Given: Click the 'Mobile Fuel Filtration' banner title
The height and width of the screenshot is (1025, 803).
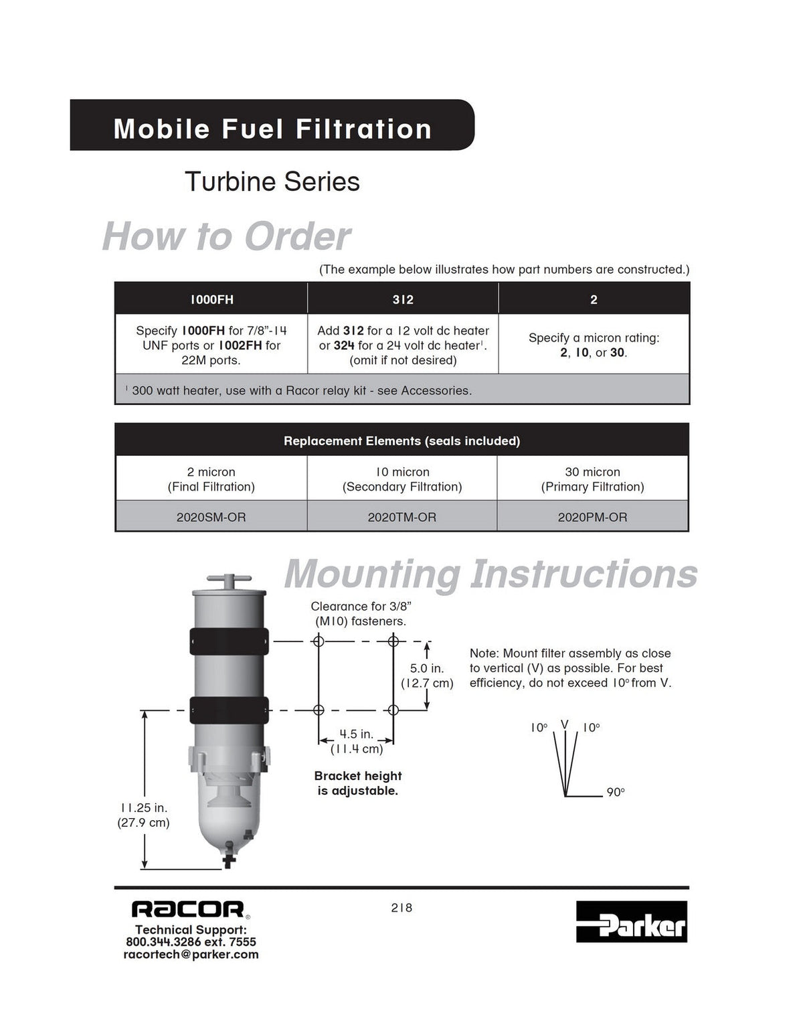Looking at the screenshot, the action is click(x=272, y=129).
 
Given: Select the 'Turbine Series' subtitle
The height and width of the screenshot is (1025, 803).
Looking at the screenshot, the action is click(x=272, y=181).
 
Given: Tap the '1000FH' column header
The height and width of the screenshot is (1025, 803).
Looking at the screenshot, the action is click(x=211, y=299).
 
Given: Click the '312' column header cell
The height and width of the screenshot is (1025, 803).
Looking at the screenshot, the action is click(x=403, y=299).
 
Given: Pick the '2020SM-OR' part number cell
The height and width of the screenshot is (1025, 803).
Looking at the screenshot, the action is click(x=211, y=517).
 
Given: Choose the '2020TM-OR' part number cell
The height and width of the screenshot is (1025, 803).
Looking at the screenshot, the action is click(x=402, y=517).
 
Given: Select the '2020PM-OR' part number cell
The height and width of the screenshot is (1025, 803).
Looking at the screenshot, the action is click(x=592, y=517).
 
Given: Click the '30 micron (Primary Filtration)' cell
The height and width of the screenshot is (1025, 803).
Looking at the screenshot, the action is click(x=592, y=479).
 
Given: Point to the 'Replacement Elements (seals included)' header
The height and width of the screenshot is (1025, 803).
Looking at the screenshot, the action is click(x=402, y=441).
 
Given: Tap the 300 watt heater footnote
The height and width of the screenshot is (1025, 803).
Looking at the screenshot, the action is click(x=298, y=390).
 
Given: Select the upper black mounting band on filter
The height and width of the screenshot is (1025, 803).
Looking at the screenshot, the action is click(x=229, y=641).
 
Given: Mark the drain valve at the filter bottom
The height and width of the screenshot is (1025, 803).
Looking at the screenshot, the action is click(x=230, y=859).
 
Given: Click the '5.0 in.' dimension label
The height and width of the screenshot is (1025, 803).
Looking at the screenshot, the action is click(x=427, y=668).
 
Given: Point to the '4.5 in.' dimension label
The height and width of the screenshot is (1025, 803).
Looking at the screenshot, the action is click(x=357, y=734).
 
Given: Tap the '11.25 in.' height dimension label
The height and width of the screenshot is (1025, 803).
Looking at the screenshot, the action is click(x=144, y=807).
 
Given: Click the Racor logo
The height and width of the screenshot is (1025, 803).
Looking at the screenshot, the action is click(x=189, y=909).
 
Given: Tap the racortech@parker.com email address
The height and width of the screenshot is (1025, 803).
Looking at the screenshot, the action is click(x=191, y=954).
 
